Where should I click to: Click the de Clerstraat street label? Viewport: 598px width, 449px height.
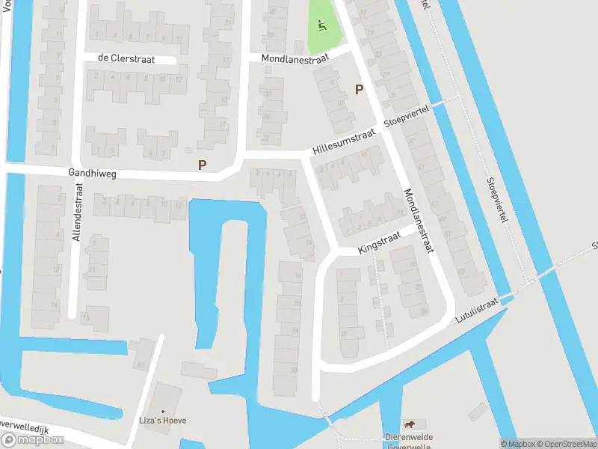pyautogui.click(x=126, y=58)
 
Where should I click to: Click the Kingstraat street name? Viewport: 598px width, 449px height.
pyautogui.click(x=379, y=242)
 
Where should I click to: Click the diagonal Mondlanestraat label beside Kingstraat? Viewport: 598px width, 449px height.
pyautogui.click(x=419, y=221)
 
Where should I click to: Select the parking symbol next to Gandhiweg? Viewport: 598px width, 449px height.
pyautogui.click(x=202, y=165)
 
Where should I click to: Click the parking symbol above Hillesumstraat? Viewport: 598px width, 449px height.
pyautogui.click(x=359, y=89)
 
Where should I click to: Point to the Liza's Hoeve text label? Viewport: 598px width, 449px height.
pyautogui.click(x=162, y=421)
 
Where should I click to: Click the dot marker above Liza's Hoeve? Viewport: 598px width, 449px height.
pyautogui.click(x=162, y=410)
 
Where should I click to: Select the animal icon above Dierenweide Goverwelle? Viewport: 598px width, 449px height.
pyautogui.click(x=409, y=425)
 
